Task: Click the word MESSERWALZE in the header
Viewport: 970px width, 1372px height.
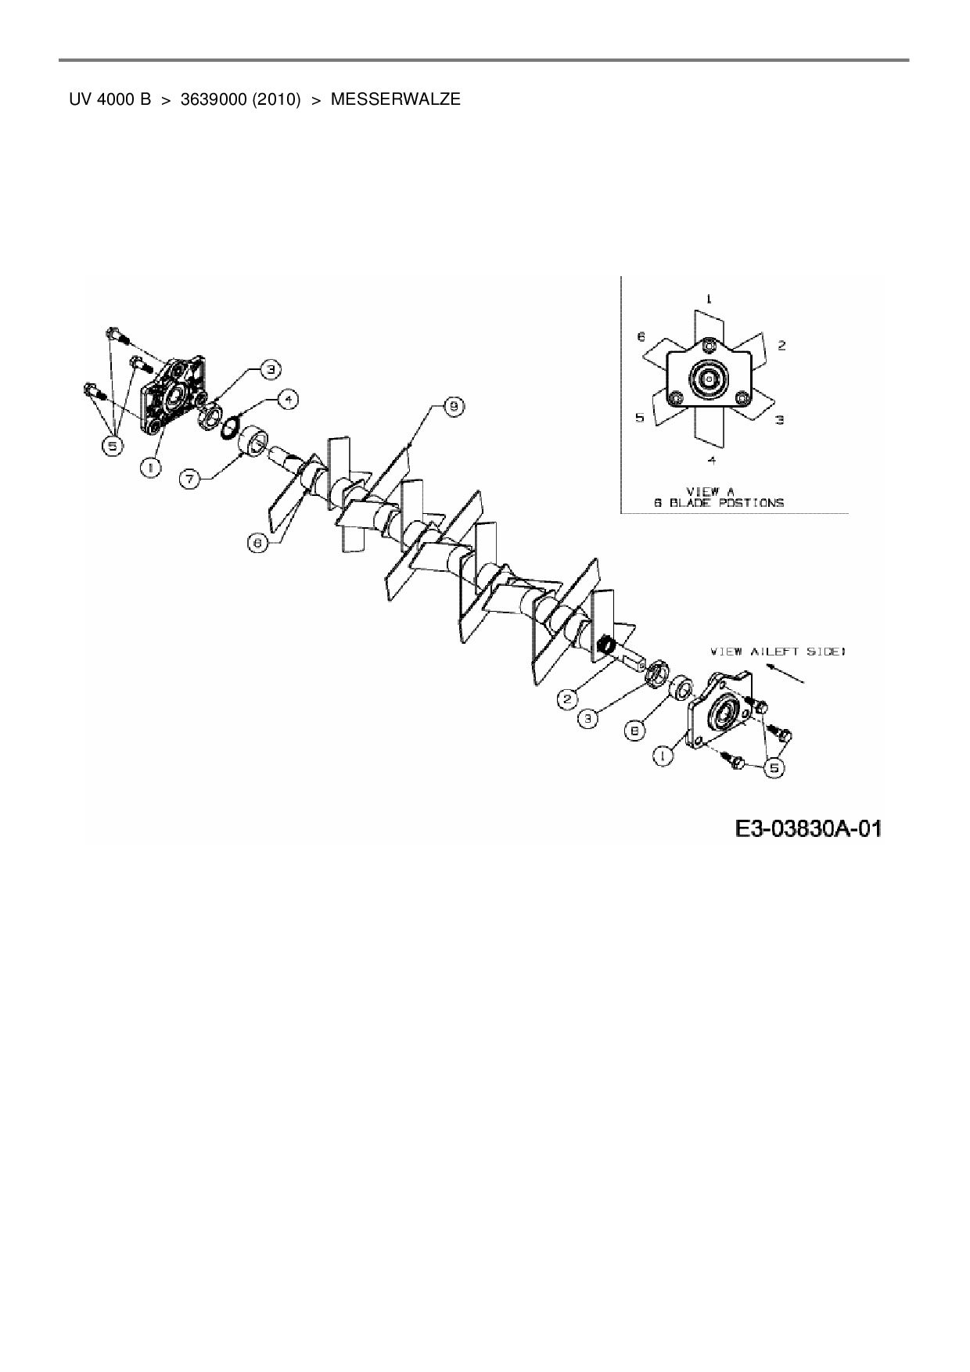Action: (x=395, y=100)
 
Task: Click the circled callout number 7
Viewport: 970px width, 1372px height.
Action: (x=190, y=479)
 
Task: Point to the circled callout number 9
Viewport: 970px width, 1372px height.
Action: (x=454, y=406)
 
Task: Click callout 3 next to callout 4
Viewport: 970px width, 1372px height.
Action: (x=268, y=368)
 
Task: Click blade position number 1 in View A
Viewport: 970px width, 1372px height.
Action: (x=709, y=299)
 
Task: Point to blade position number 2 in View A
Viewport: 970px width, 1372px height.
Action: (x=781, y=345)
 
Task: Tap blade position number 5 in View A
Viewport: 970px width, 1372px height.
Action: (x=640, y=418)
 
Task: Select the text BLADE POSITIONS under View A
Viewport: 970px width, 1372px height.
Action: (x=719, y=503)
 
